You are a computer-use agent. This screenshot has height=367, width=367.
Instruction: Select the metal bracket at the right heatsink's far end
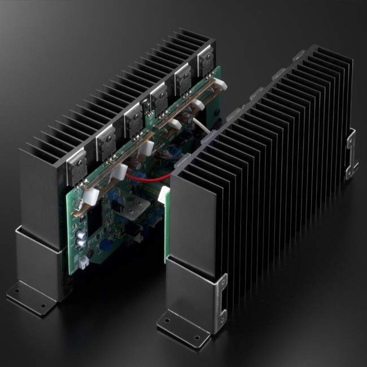click(x=352, y=154)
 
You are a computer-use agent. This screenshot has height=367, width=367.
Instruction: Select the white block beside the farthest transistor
click(x=221, y=85)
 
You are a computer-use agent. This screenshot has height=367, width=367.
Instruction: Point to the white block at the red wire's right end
click(x=165, y=195)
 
